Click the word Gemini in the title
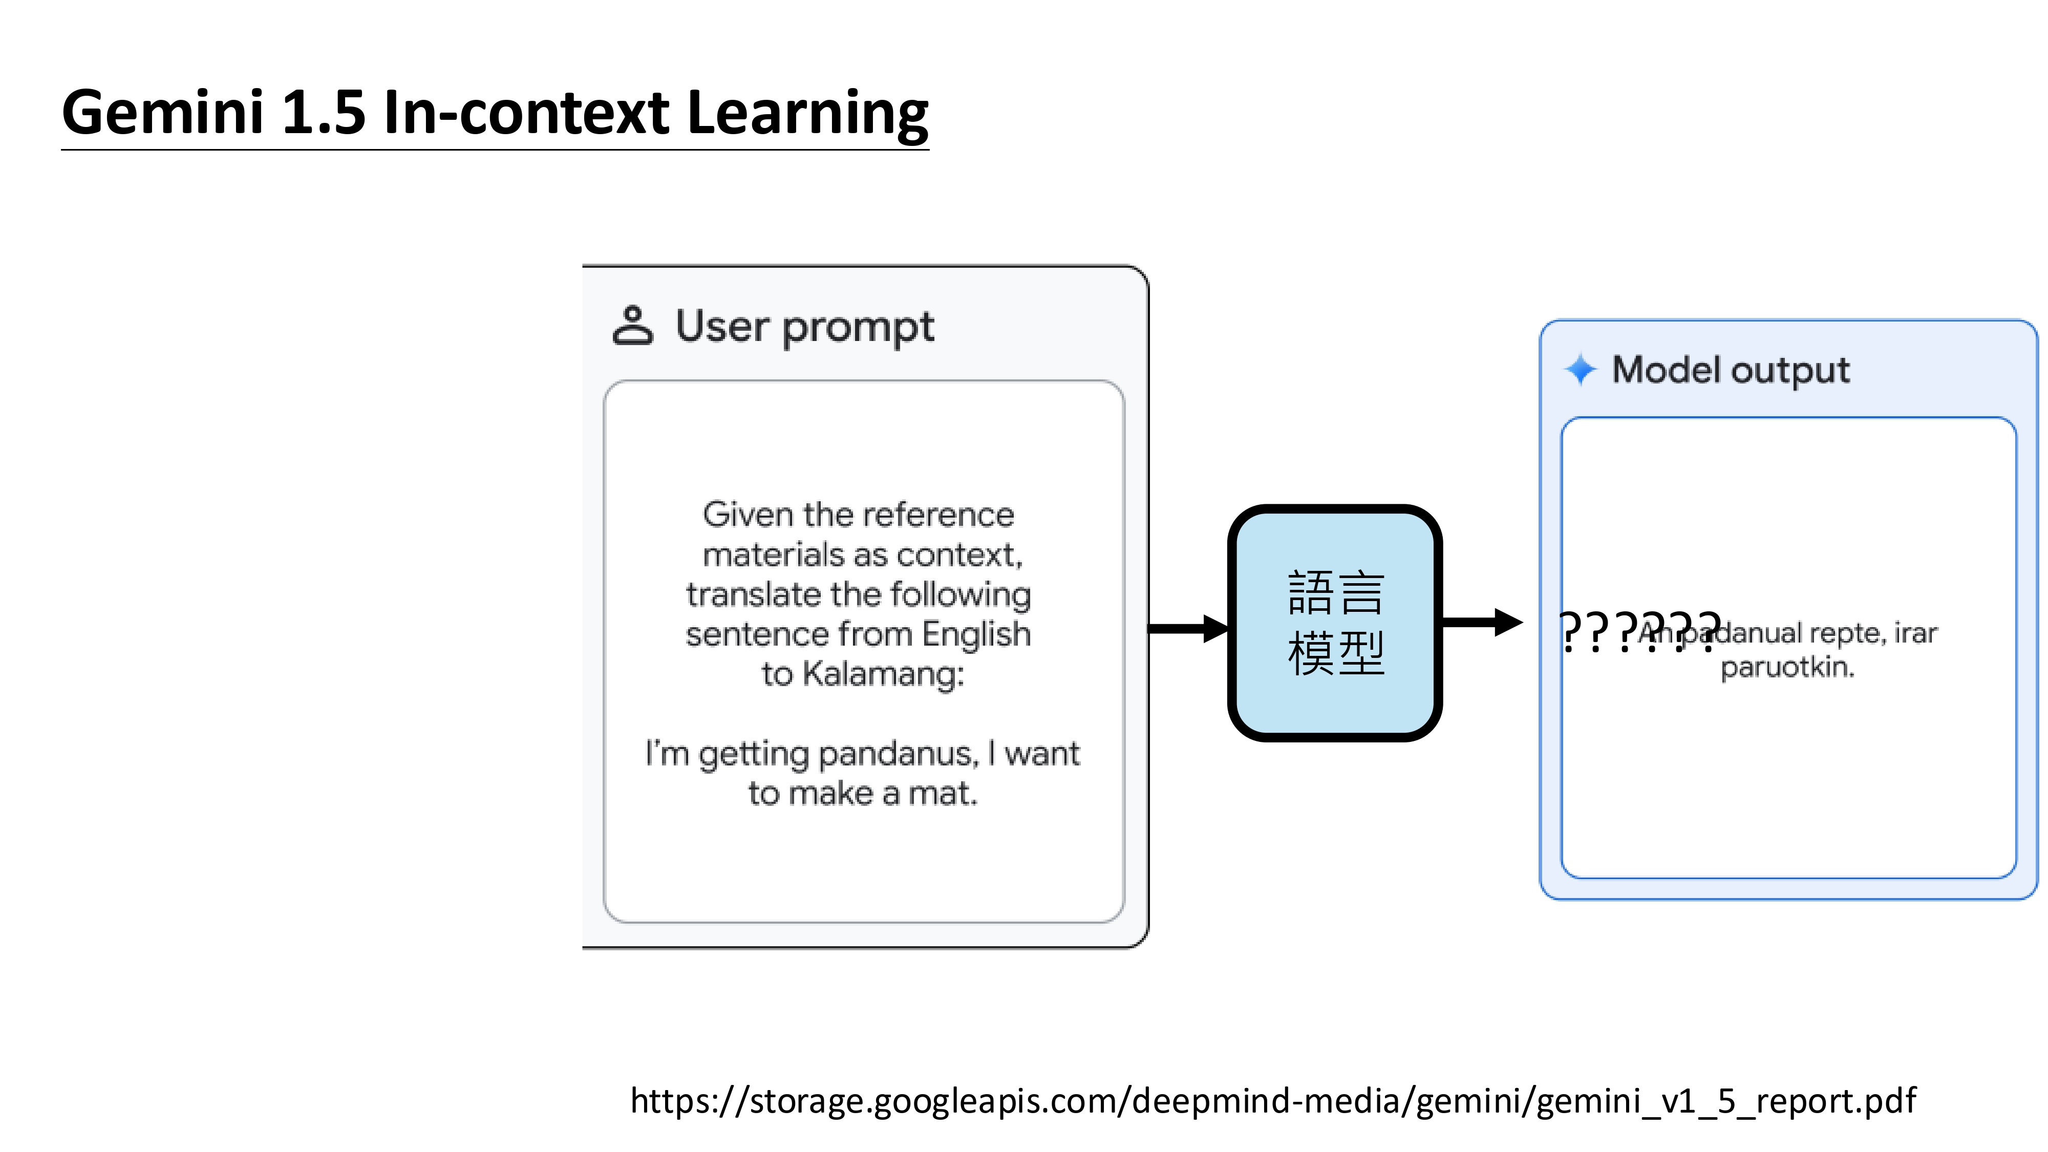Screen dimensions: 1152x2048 click(162, 112)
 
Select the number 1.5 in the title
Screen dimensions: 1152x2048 click(323, 112)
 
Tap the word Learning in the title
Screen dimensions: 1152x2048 click(806, 112)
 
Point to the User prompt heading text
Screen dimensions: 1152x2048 click(804, 326)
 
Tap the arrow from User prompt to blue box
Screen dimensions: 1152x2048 click(1188, 628)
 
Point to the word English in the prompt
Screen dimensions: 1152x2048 click(976, 634)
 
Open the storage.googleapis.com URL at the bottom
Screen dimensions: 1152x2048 click(1272, 1100)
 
